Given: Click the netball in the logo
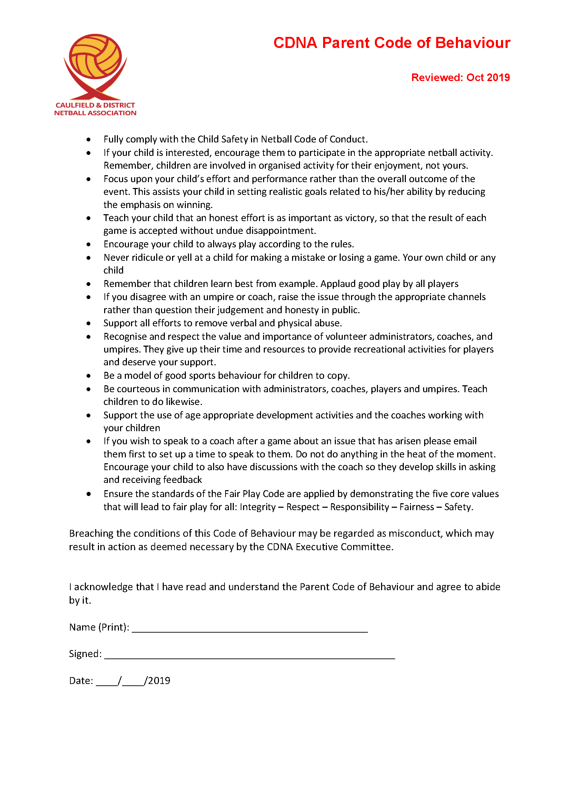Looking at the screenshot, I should (x=95, y=57).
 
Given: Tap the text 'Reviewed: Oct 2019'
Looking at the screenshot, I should (x=460, y=77).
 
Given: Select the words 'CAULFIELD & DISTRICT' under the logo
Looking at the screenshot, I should (x=95, y=105).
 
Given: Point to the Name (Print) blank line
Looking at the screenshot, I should (x=250, y=631).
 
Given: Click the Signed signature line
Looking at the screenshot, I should (x=250, y=657).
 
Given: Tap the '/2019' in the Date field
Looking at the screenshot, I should (x=158, y=681).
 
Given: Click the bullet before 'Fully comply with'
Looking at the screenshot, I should (x=89, y=140).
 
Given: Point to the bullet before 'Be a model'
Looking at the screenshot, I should (x=89, y=376).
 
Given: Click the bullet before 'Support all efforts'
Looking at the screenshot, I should (x=89, y=324).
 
